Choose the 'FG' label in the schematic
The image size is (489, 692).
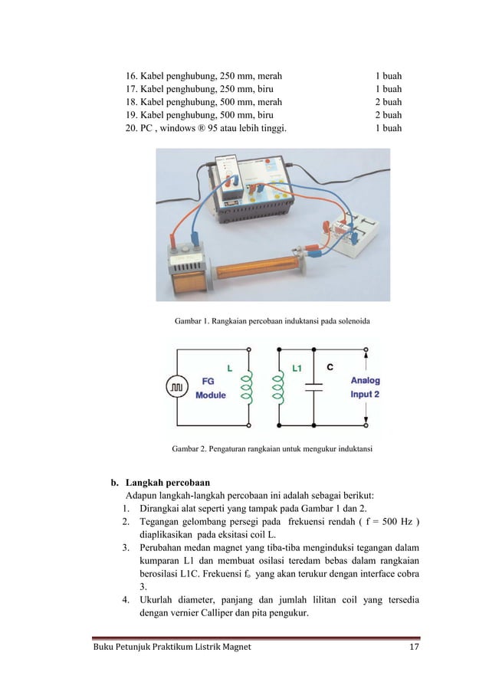point(207,381)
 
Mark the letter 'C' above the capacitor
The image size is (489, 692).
point(330,368)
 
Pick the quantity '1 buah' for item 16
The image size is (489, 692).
point(388,77)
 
